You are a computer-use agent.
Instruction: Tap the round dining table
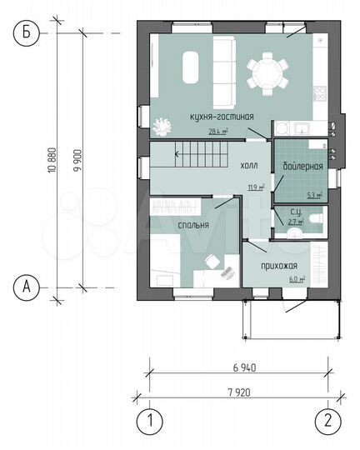(267, 70)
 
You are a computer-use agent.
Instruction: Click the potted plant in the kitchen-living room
(162, 126)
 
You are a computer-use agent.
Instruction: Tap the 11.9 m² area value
(255, 187)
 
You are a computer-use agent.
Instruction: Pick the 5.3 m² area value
(315, 196)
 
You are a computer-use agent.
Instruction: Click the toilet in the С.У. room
(314, 220)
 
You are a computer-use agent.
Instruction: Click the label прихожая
(272, 264)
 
